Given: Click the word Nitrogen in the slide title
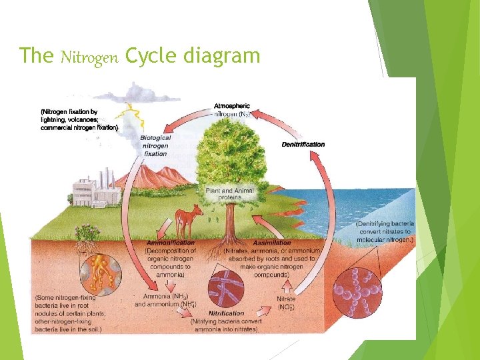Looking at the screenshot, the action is (89, 57).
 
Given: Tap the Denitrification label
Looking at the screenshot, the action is (303, 144).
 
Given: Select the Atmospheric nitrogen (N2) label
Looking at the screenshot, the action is (233, 110).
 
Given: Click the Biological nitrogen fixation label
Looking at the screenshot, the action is (155, 145).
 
